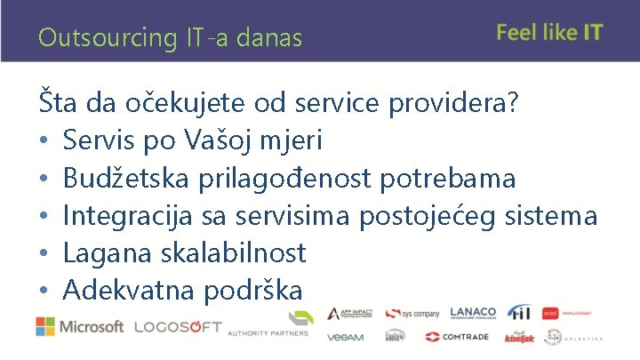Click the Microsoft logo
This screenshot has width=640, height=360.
[x=80, y=326]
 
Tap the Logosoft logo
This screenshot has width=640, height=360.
[x=177, y=326]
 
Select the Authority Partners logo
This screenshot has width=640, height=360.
[x=268, y=325]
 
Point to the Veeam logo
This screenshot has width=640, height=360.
[x=345, y=337]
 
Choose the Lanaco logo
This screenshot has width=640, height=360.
[x=473, y=313]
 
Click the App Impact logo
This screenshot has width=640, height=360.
[x=349, y=313]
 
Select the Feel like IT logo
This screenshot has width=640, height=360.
[x=549, y=33]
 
